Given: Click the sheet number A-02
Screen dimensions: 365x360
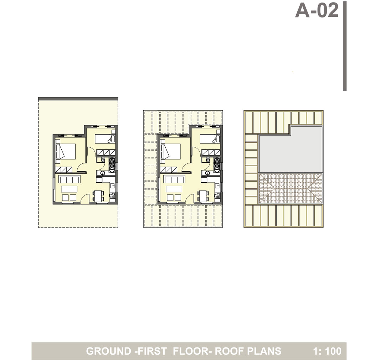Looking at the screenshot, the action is tap(317, 10).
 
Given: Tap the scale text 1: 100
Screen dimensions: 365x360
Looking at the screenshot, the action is tap(327, 351).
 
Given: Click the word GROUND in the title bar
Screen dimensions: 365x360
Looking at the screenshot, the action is tap(109, 351).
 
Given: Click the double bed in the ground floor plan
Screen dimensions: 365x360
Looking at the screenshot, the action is tap(66, 152).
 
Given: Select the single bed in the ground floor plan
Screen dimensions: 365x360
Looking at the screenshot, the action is tap(105, 139).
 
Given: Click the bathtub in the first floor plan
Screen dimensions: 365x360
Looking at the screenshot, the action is tap(217, 165).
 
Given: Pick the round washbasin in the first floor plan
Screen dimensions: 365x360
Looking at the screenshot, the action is tap(207, 173).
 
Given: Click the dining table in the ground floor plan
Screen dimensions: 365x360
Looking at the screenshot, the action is tap(98, 196).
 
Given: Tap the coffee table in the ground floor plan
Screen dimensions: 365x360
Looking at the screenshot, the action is tap(69, 189).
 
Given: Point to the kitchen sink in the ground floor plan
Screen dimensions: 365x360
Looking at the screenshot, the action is tap(112, 186).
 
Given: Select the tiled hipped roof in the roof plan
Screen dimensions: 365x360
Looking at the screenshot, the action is tap(291, 188).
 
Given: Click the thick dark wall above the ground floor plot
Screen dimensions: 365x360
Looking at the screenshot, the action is tap(78, 99).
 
